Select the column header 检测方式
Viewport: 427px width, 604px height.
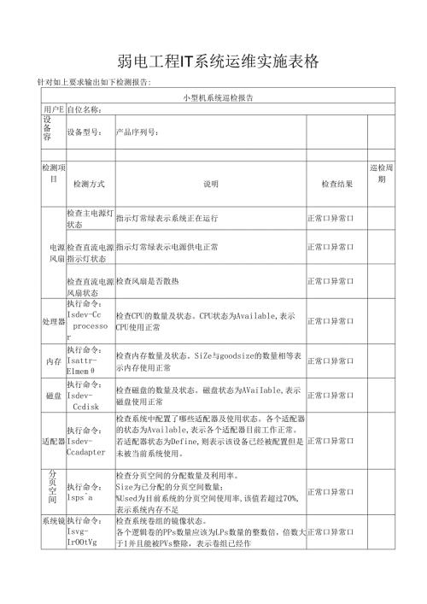(x=90, y=184)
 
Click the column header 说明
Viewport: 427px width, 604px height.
(x=210, y=184)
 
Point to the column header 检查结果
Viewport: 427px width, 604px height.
(x=336, y=184)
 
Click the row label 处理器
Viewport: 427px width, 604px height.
(x=53, y=322)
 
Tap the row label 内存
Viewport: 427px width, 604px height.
(x=53, y=362)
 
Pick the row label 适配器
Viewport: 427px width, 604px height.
(x=53, y=442)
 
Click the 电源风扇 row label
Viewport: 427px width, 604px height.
(x=53, y=253)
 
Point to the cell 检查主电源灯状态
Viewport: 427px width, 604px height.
(x=90, y=218)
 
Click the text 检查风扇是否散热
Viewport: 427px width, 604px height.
(x=159, y=280)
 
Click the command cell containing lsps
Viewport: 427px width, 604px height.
(x=89, y=491)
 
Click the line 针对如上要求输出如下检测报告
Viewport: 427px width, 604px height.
(x=94, y=82)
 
